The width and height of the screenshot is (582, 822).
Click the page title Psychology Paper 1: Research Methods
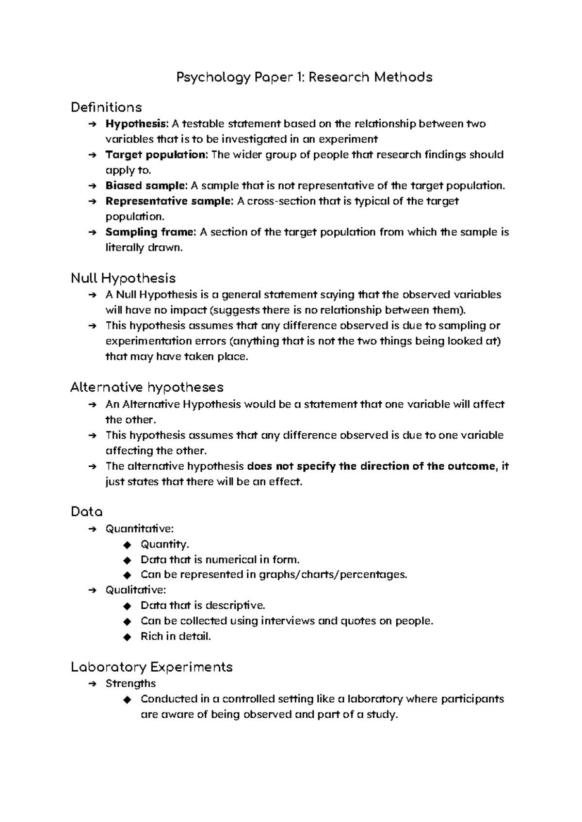[x=304, y=77]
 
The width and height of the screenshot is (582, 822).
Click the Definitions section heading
[x=106, y=107]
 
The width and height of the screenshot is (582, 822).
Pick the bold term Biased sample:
[x=146, y=186]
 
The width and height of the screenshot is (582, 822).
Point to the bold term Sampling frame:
[x=151, y=232]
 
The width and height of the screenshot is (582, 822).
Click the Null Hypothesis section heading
[x=123, y=278]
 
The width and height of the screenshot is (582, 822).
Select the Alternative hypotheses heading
[x=146, y=387]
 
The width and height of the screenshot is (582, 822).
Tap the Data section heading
[x=86, y=512]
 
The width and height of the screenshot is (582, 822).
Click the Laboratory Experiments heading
[x=151, y=667]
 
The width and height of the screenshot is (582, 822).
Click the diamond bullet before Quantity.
[x=127, y=545]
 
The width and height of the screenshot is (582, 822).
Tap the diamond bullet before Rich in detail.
[x=127, y=637]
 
